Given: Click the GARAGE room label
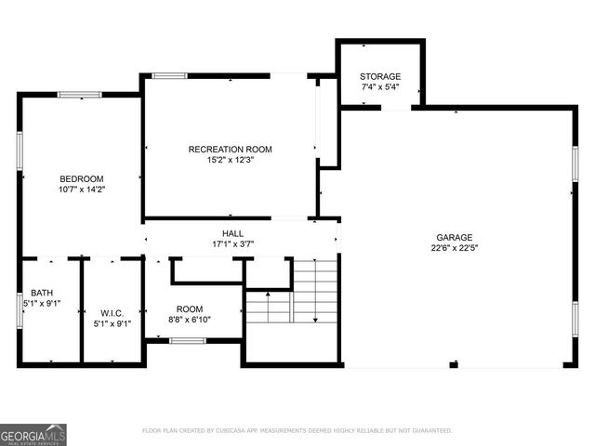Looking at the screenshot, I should (455, 237).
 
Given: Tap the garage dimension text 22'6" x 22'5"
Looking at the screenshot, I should (455, 248).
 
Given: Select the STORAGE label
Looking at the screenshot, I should (380, 76).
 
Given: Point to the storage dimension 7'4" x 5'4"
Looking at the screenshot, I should (380, 87).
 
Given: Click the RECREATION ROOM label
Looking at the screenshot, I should (230, 149).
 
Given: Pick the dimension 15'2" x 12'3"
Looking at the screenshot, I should (230, 160).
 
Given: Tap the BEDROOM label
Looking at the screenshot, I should (82, 178).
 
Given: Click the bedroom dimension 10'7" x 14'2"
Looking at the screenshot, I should (82, 190).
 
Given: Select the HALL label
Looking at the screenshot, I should (232, 233).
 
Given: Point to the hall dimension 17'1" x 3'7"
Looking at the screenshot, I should (232, 244).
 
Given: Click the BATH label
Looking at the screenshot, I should (42, 292).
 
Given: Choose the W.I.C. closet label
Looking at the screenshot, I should (112, 313).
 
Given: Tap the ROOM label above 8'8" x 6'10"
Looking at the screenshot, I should (190, 308).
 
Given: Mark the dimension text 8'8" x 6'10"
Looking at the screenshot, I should (190, 320).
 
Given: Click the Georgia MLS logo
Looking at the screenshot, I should (33, 434).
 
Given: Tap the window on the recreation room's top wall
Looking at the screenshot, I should (169, 75).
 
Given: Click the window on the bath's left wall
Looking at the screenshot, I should (20, 309).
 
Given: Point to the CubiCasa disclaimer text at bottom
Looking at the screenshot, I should (297, 431).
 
